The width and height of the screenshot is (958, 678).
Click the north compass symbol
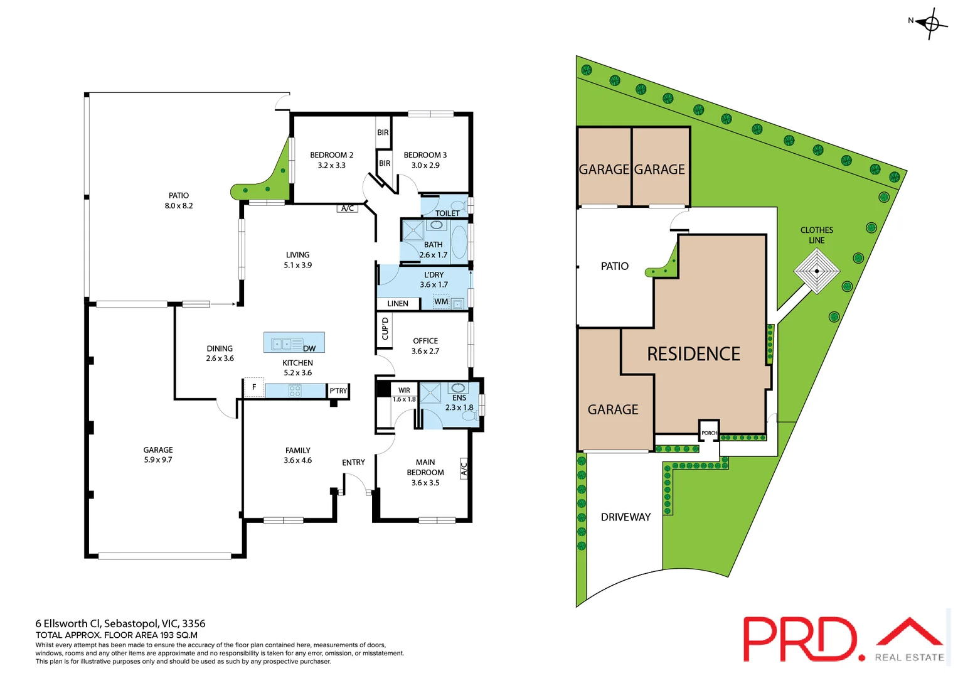931,24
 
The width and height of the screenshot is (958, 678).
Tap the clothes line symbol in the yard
816,271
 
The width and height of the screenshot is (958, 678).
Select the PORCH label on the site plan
709,433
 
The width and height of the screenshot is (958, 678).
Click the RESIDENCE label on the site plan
693,354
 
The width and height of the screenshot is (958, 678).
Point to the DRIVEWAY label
625,517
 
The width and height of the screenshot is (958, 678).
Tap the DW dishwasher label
309,348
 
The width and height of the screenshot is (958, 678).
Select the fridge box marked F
254,387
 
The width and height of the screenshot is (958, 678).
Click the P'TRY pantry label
338,390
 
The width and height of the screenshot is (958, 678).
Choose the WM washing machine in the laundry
442,302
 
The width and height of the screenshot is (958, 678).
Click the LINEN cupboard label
398,304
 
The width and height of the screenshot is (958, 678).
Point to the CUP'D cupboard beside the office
385,328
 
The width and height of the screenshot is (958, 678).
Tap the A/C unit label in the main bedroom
464,468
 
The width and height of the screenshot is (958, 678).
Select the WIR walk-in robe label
404,390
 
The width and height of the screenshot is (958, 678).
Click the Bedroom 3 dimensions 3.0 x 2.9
425,166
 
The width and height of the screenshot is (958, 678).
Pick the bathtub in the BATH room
459,242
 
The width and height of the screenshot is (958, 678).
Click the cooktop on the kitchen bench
295,391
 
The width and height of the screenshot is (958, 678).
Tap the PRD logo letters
799,639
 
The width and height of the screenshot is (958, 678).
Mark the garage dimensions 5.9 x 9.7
158,460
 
